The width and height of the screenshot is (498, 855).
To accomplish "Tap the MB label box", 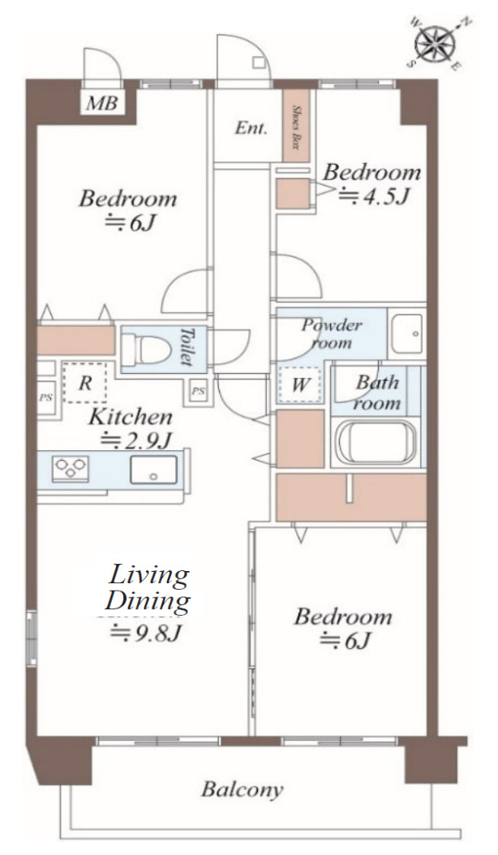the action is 102,102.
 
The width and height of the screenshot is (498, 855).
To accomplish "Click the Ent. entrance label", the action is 251,129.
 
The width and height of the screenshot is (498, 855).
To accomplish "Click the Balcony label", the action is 243,789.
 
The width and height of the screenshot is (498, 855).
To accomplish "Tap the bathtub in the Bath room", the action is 374,441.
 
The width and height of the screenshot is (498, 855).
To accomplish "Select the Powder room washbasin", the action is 406,333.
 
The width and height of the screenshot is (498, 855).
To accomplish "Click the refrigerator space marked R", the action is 84,382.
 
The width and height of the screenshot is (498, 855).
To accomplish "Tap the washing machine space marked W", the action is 299,385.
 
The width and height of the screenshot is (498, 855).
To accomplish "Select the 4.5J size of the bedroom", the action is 374,195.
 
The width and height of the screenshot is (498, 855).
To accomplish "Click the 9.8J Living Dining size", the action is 145,633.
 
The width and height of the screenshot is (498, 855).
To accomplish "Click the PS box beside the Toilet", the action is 199,391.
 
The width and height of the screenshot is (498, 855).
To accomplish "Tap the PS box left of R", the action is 45,397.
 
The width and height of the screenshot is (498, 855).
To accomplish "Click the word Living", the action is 149,576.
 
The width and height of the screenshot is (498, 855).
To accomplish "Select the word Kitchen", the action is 131,417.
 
